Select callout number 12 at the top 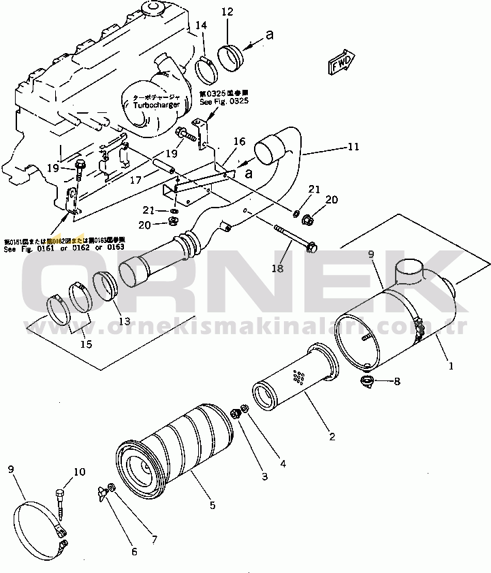click(227, 12)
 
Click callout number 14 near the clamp click(201, 25)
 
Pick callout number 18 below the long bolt click(278, 269)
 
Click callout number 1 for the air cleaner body click(450, 365)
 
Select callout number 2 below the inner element click(332, 436)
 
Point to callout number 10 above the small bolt click(80, 471)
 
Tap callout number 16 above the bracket click(239, 142)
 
